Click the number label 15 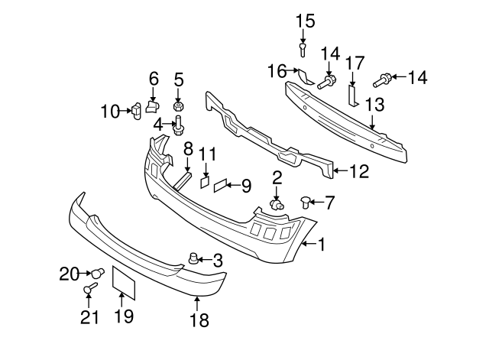pyautogui.click(x=305, y=21)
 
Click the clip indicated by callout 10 pyautogui.click(x=136, y=112)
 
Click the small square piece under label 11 pyautogui.click(x=205, y=182)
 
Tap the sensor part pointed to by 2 pyautogui.click(x=277, y=203)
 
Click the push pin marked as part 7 pyautogui.click(x=308, y=202)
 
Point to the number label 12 pyautogui.click(x=359, y=172)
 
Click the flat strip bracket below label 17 pyautogui.click(x=353, y=94)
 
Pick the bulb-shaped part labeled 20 pyautogui.click(x=97, y=272)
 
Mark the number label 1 pyautogui.click(x=322, y=245)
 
